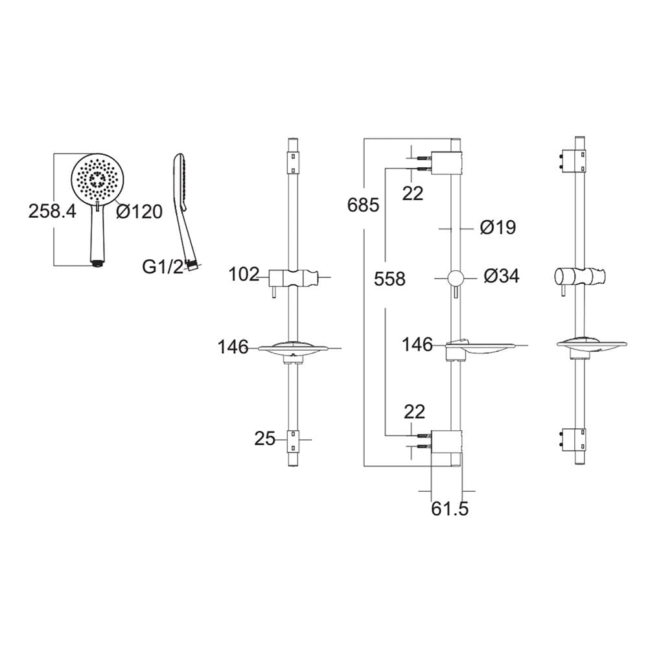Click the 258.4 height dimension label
click(52, 211)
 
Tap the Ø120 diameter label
click(139, 211)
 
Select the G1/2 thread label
click(163, 266)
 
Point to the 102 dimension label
click(244, 274)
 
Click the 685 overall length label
click(364, 205)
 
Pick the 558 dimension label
click(389, 279)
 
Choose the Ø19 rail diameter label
click(498, 227)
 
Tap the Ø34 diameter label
click(502, 275)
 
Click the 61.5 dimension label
click(450, 509)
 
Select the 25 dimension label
click(264, 439)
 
